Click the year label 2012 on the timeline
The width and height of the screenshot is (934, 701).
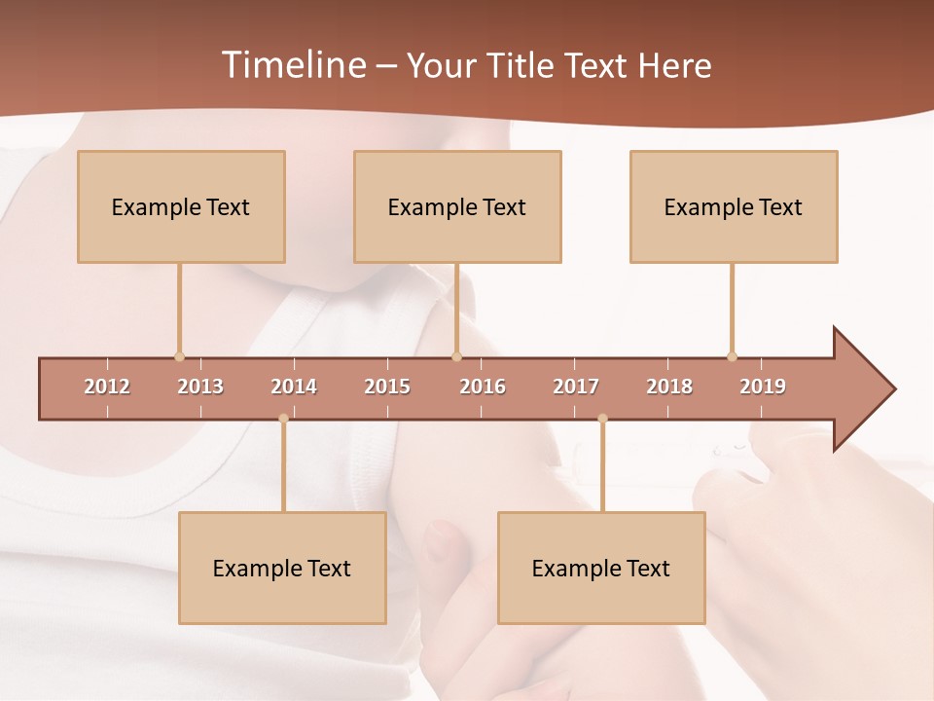[x=107, y=387]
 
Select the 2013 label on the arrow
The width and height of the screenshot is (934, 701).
[x=200, y=387]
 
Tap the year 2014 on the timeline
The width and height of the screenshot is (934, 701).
[x=294, y=387]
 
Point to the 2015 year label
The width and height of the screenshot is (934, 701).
[x=387, y=387]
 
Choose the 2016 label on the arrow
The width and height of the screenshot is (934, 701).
[x=483, y=387]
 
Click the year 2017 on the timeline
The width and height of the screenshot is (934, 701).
[x=576, y=387]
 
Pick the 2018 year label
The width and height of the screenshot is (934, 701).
[x=669, y=387]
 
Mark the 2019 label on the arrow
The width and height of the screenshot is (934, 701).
[x=763, y=387]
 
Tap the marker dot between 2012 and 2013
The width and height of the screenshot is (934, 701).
[x=179, y=356]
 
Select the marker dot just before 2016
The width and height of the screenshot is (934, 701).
[x=456, y=356]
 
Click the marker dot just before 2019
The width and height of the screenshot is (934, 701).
[x=732, y=356]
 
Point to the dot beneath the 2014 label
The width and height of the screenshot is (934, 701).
[x=283, y=419]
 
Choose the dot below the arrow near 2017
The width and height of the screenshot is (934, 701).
[x=602, y=419]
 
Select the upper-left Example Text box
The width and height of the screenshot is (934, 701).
[x=181, y=206]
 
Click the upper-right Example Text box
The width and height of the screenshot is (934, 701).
[x=734, y=206]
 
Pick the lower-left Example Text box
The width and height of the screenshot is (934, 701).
[x=282, y=568]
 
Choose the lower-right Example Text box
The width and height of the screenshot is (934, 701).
[x=601, y=568]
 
